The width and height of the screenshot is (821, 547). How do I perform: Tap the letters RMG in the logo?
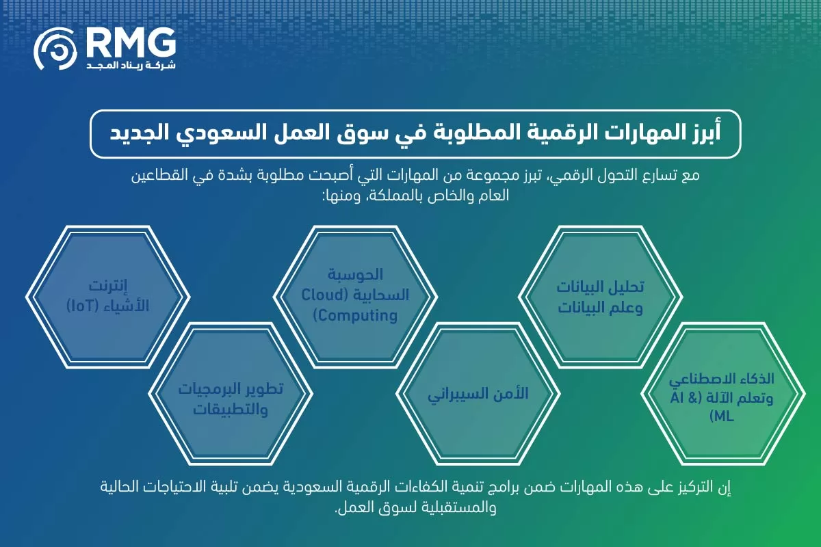point(129,44)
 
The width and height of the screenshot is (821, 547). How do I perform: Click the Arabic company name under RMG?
point(130,66)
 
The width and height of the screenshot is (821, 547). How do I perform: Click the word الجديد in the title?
point(140,132)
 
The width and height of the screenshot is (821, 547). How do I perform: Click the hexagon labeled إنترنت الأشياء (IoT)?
point(108,295)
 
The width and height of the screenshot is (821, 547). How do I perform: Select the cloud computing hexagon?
point(354,295)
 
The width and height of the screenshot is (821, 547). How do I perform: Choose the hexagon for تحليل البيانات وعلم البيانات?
point(600,295)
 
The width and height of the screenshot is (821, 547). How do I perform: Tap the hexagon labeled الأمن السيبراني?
point(478,395)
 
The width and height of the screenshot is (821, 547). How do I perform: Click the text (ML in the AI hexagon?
point(722,416)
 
